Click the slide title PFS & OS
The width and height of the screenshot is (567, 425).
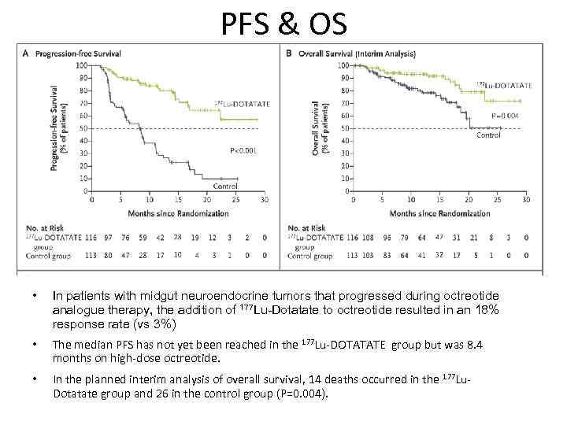[x=283, y=24]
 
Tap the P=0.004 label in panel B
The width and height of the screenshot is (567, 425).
[x=505, y=116]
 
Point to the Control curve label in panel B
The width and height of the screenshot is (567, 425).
[x=488, y=135]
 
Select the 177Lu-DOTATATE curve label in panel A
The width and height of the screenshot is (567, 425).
[x=243, y=104]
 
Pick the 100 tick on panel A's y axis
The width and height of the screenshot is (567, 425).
[x=82, y=65]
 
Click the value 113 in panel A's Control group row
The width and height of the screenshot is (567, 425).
[x=93, y=255]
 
